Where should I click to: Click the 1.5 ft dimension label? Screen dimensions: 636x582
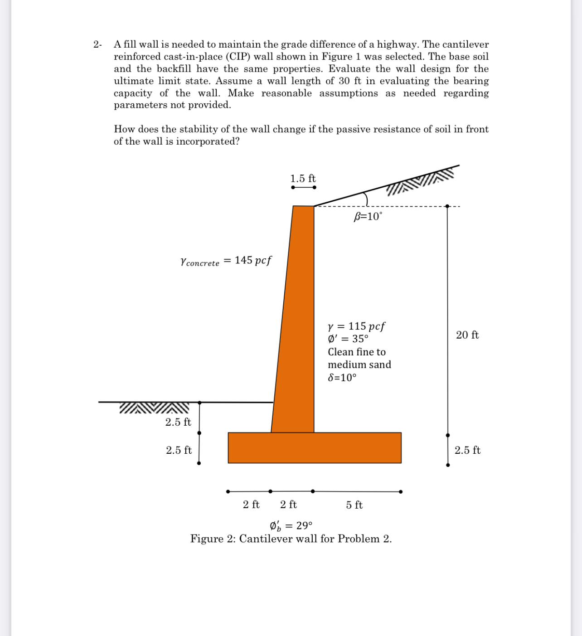303,178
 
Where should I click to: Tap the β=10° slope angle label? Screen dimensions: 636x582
368,217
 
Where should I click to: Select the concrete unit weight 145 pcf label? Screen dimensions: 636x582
226,261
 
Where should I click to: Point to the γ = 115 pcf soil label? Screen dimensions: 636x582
356,326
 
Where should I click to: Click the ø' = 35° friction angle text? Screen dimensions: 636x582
348,339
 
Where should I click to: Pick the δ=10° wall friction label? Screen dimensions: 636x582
342,378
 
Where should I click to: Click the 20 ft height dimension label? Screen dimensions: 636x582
467,335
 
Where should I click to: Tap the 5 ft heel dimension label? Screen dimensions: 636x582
354,505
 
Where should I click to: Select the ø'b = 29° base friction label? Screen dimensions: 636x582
291,526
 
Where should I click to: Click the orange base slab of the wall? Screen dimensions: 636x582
315,448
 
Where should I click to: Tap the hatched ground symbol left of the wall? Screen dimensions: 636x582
154,408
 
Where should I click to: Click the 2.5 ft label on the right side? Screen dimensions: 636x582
467,450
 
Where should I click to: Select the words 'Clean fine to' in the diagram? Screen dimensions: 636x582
357,352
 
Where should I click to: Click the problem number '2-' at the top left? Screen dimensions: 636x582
97,44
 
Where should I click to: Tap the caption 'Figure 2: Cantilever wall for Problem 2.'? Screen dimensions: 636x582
291,539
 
